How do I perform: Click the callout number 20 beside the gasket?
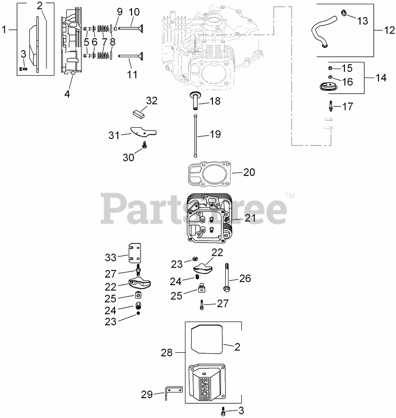(x=249, y=173)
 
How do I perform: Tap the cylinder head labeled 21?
(x=208, y=220)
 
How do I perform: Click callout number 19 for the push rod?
(x=215, y=134)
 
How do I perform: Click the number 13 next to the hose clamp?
(x=361, y=21)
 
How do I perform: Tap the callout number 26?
(x=245, y=278)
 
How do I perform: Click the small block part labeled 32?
(x=139, y=113)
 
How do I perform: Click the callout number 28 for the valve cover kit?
(x=167, y=353)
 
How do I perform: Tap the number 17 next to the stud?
(x=347, y=107)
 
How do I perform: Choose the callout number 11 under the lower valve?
(x=132, y=75)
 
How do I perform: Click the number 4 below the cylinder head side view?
(x=67, y=94)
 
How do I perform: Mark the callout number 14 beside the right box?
(x=380, y=78)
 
